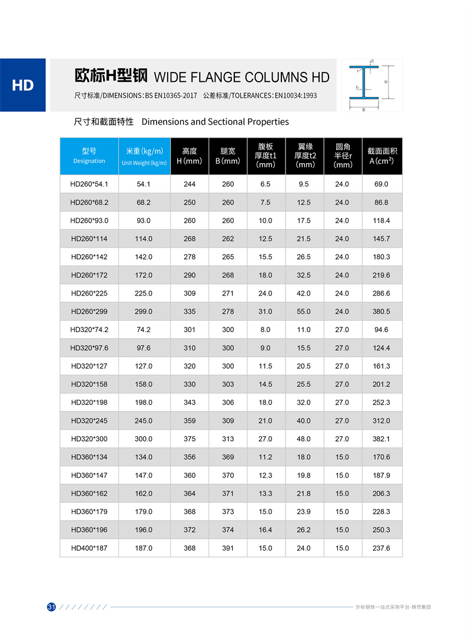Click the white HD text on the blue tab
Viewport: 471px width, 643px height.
(x=23, y=85)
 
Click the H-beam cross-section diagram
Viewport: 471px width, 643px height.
(x=372, y=85)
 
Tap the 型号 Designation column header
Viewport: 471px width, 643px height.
(x=89, y=156)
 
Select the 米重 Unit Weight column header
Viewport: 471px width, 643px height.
(x=144, y=156)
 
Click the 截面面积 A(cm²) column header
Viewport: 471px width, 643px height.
(x=382, y=156)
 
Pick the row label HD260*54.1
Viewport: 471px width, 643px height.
(x=89, y=184)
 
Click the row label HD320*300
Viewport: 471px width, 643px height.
(x=89, y=439)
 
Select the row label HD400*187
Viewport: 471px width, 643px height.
(x=89, y=548)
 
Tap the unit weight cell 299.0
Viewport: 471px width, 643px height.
(x=144, y=311)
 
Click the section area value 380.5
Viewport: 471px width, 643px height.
(x=382, y=311)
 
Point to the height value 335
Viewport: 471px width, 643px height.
(x=190, y=311)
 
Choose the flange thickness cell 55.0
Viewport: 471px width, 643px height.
(x=304, y=311)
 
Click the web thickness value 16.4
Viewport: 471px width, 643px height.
(x=266, y=530)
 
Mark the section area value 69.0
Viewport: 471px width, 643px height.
(x=382, y=184)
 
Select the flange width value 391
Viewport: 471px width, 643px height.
(x=228, y=548)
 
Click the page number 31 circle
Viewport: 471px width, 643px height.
(x=51, y=607)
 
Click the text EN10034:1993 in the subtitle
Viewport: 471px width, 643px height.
(x=296, y=95)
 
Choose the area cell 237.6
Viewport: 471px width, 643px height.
(x=382, y=548)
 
